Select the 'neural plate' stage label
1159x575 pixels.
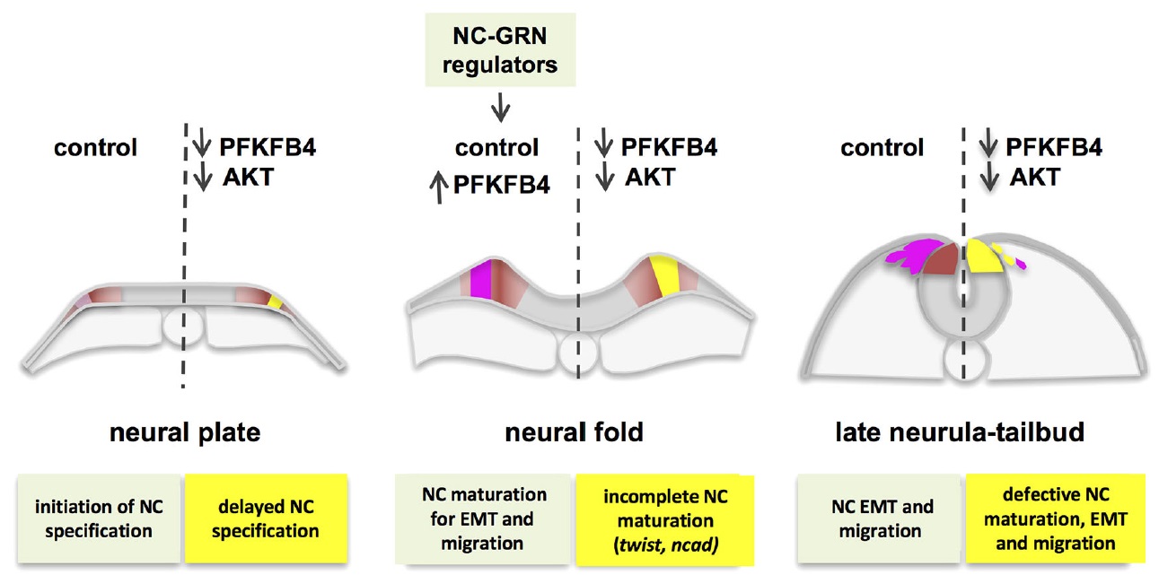(x=185, y=432)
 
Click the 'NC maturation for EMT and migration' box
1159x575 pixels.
(x=485, y=518)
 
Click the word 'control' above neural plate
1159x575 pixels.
(x=96, y=147)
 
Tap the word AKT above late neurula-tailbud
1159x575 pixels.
(x=1034, y=178)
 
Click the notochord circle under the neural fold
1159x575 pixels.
(x=577, y=352)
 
